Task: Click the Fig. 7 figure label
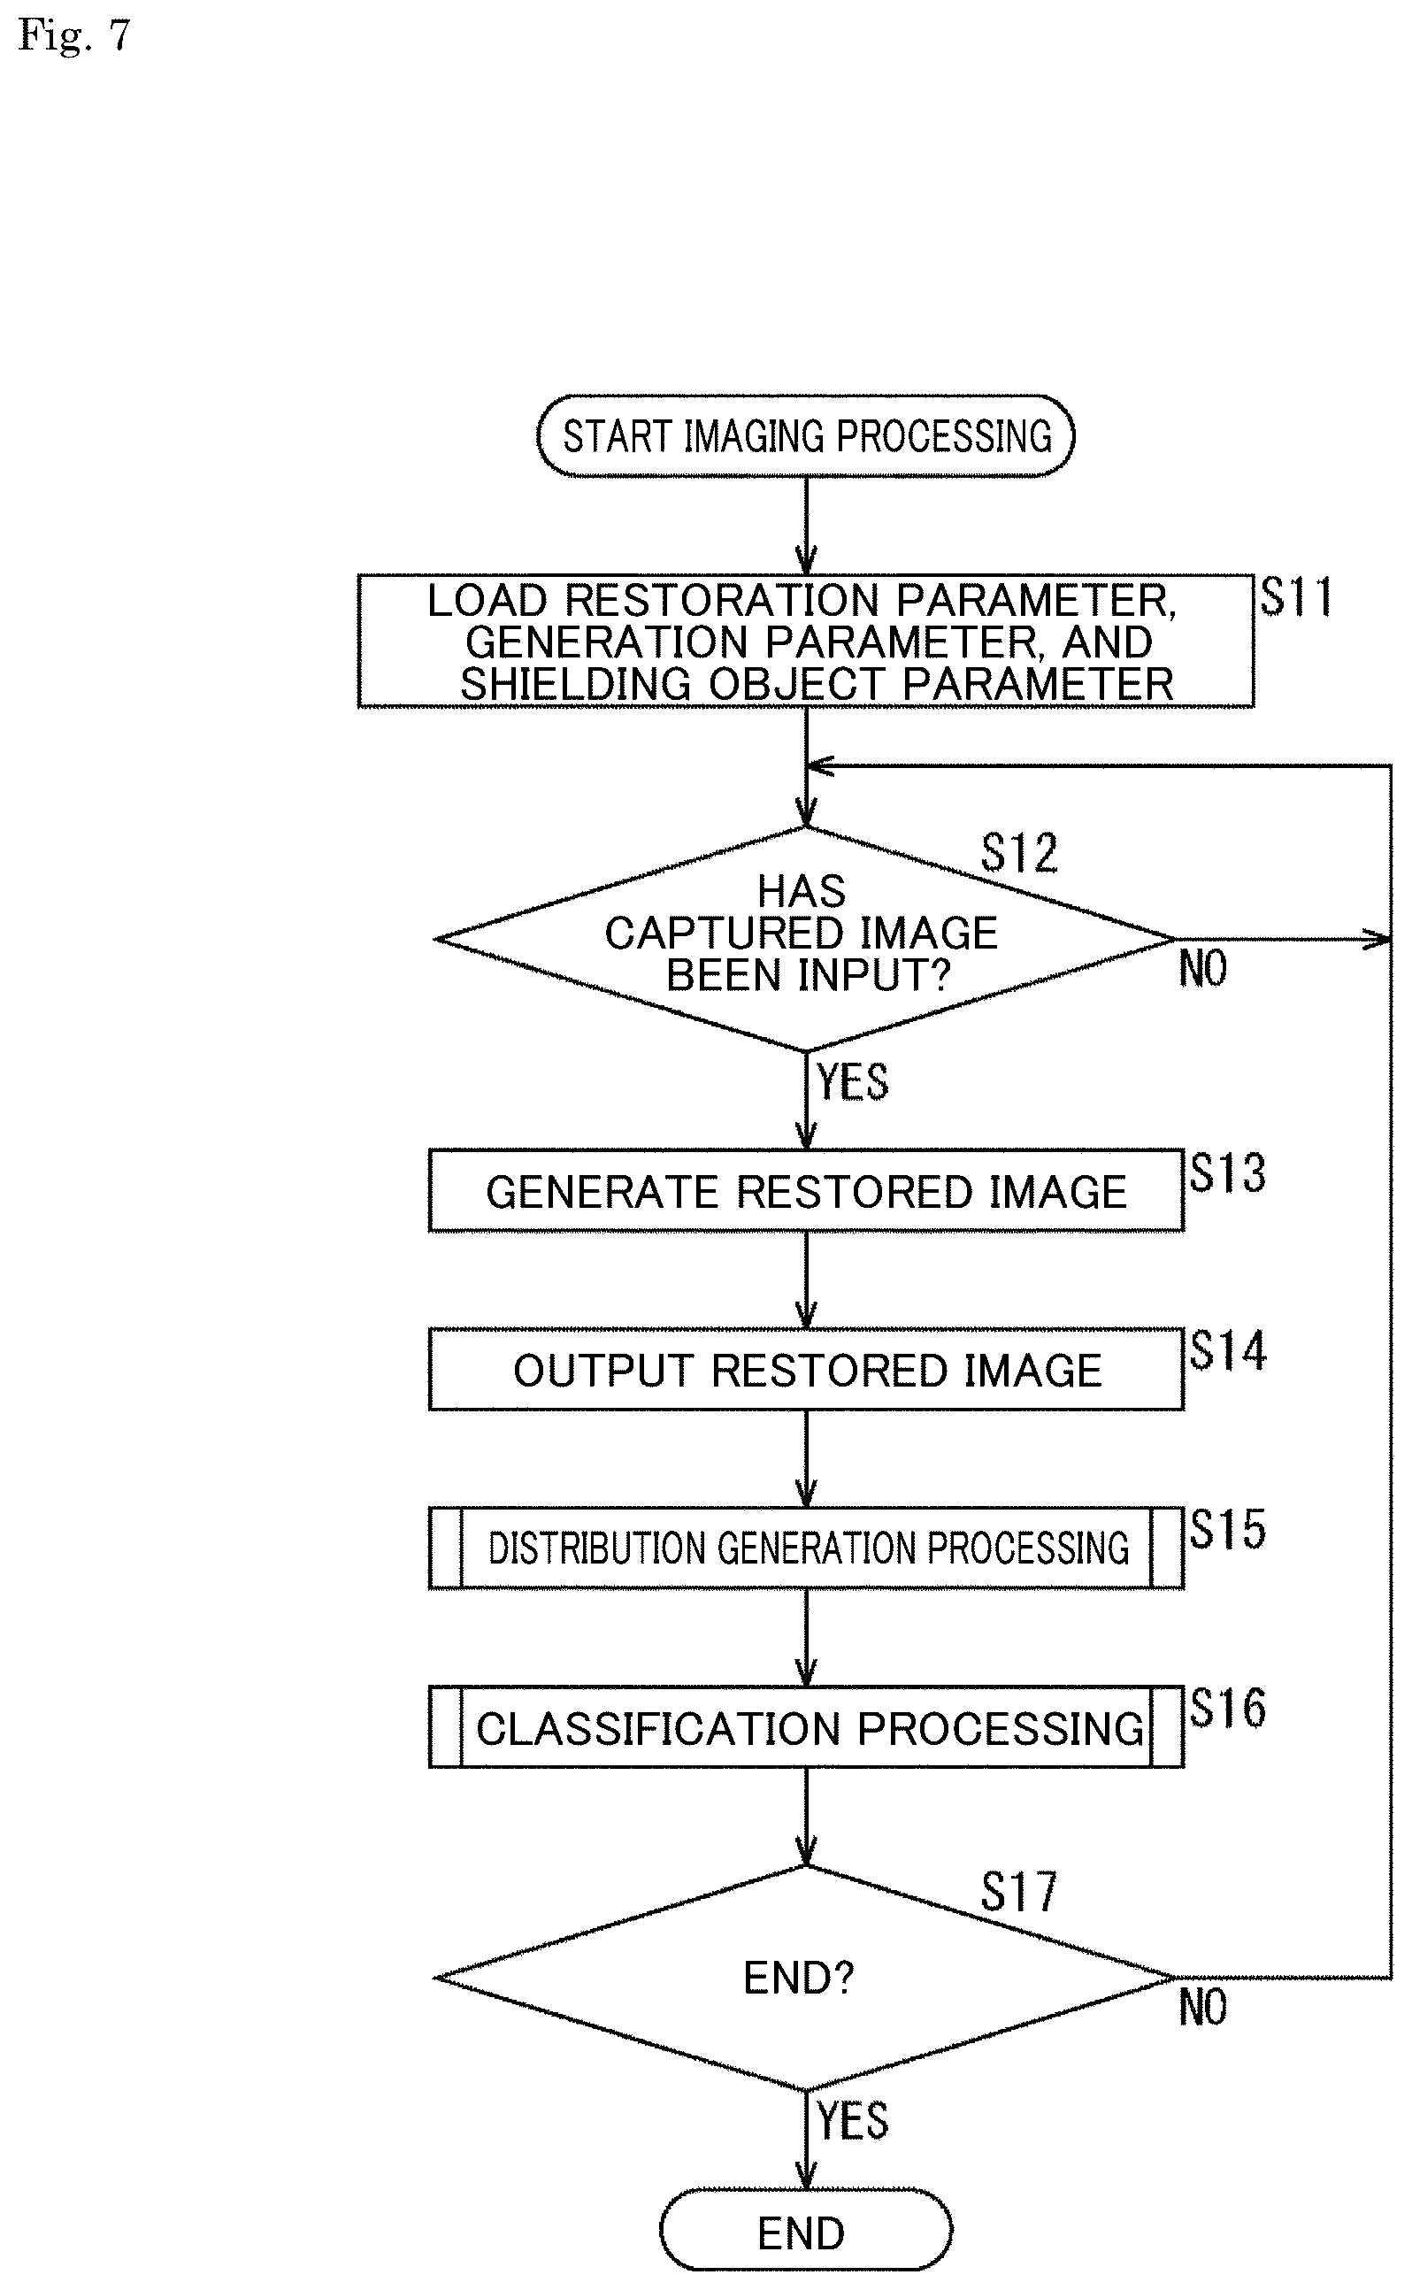(73, 36)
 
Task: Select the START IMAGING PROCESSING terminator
(806, 436)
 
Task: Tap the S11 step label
(1296, 596)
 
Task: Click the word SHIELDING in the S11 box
(575, 685)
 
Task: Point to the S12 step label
(1020, 853)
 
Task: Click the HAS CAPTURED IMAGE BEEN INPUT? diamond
(806, 939)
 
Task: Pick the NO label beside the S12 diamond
(1203, 969)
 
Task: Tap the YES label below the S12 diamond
(853, 1081)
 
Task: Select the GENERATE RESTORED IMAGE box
(806, 1191)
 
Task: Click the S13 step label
(1228, 1173)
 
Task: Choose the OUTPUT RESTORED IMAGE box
(806, 1369)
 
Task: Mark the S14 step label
(1228, 1351)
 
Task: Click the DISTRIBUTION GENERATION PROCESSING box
(806, 1548)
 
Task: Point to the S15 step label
(1228, 1530)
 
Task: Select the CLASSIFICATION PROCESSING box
(806, 1727)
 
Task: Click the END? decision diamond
(806, 1978)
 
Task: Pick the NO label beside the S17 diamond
(1203, 2008)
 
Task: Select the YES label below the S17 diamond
(853, 2120)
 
